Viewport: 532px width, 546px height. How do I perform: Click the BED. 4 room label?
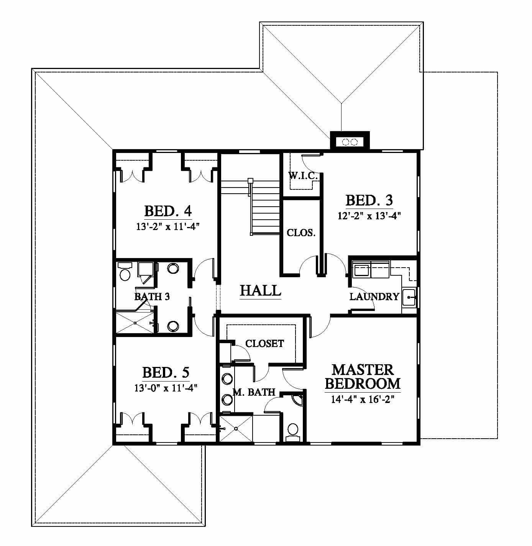coord(168,211)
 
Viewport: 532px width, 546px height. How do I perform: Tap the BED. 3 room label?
coord(369,200)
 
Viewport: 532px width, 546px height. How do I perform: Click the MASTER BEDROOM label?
coord(363,377)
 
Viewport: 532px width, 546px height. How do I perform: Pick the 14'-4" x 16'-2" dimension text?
coord(363,399)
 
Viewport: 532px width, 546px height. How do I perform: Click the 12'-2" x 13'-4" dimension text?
coord(369,216)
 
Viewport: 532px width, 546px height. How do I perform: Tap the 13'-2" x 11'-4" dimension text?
coord(168,226)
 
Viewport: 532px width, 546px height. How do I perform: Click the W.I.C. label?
coord(303,176)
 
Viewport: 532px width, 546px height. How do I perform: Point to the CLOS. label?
coord(301,233)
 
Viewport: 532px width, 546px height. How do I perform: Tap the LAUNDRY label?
coord(374,296)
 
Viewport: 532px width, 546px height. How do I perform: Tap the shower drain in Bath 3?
coord(135,323)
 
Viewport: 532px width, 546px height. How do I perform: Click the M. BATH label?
coord(254,392)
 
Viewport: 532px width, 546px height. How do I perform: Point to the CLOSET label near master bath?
coord(264,344)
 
